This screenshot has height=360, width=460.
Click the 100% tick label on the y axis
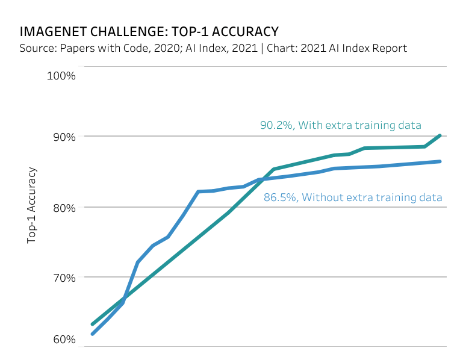tap(61, 76)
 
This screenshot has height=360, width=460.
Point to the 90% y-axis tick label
tap(63, 137)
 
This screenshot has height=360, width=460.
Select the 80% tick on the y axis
tap(63, 207)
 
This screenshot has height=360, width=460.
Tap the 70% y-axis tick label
tap(63, 278)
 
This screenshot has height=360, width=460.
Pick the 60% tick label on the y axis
tap(63, 340)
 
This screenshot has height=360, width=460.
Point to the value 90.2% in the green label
tap(275, 125)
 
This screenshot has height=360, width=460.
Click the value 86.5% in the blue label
tap(279, 197)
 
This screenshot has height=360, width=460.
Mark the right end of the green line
tap(440, 135)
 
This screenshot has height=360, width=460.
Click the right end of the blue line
tap(440, 161)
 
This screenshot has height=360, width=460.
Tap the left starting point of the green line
tap(92, 324)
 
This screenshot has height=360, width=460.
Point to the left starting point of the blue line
tap(92, 334)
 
